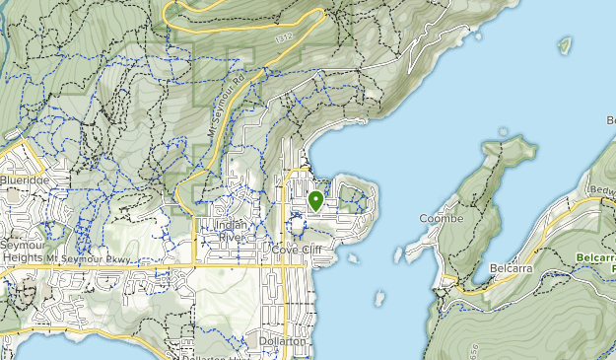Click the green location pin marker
tap(315, 201)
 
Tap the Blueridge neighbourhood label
tap(24, 180)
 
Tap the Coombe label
tap(440, 218)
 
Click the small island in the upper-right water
tap(565, 44)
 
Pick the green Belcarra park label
tap(595, 261)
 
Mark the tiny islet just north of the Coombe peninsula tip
tap(504, 131)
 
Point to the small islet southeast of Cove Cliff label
tap(353, 258)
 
